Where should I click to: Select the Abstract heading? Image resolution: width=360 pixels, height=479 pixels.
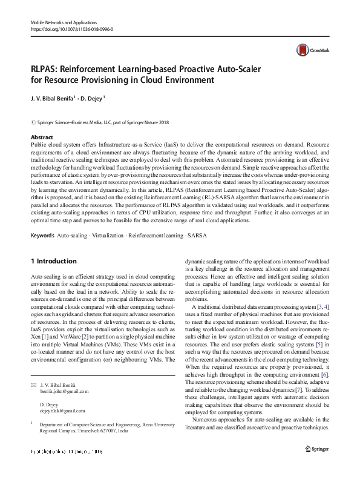(x=41, y=138)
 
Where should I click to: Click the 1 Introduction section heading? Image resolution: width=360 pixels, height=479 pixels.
(x=53, y=261)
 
